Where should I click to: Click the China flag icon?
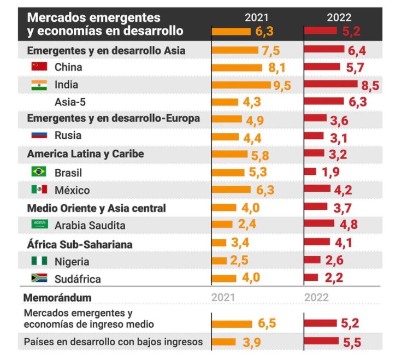pos(39,67)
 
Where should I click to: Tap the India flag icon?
pos(39,85)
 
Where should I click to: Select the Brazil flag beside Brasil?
pos(39,172)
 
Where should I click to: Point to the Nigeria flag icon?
pos(39,261)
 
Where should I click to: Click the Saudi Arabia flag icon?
pos(39,225)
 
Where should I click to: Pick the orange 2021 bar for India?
pos(241,85)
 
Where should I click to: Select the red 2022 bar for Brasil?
pos(310,172)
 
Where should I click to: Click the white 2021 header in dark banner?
pos(256,17)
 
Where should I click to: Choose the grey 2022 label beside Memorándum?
pos(316,298)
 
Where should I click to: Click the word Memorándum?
pos(57,298)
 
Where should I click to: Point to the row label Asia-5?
pos(70,102)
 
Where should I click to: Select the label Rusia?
pos(68,135)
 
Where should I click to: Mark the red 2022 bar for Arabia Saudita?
pos(319,223)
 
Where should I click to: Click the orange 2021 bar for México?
pos(231,190)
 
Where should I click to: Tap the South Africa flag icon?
pos(39,279)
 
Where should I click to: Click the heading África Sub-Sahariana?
pos(80,244)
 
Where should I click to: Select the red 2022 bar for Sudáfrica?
pos(311,278)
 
